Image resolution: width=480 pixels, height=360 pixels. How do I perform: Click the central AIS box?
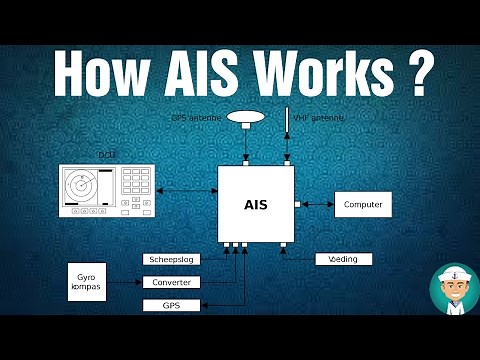click(x=256, y=204)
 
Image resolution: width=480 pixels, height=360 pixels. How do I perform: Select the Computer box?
click(x=363, y=204)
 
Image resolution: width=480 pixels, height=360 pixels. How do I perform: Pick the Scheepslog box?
click(x=172, y=259)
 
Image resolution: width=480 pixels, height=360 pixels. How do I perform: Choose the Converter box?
click(x=172, y=282)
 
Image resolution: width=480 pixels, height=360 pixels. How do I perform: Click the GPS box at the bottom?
click(x=172, y=305)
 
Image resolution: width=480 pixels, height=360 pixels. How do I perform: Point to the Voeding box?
click(x=343, y=259)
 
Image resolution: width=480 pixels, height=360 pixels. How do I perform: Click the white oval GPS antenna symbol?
click(x=245, y=117)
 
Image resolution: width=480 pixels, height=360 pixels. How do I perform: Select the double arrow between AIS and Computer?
click(x=317, y=204)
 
